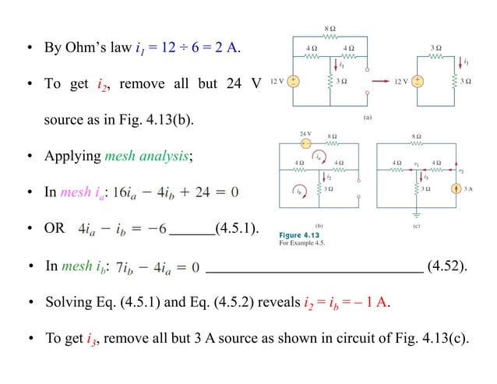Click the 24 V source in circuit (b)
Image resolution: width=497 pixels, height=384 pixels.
306,145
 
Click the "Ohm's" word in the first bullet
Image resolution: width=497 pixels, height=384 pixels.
84,49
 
